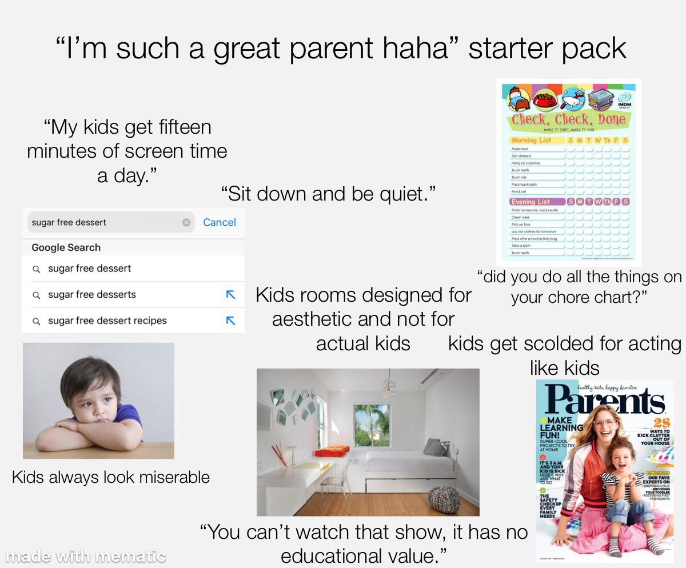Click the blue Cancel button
point(220,222)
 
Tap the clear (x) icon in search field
point(186,222)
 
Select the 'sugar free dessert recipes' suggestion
point(107,321)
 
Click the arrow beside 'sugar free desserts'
point(230,295)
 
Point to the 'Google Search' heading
point(66,247)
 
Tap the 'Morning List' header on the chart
point(531,140)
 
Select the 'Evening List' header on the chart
point(530,202)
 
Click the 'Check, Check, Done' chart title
point(568,120)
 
